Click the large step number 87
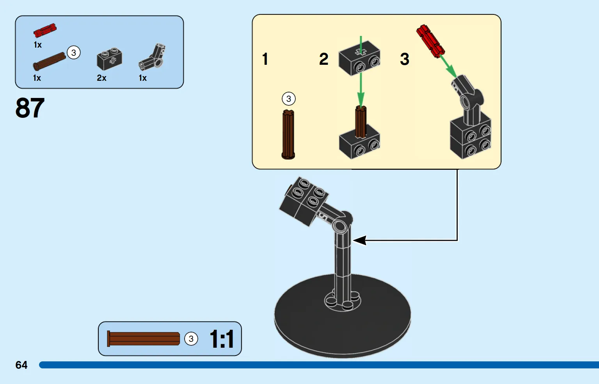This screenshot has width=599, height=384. (x=30, y=108)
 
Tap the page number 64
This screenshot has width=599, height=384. (x=21, y=365)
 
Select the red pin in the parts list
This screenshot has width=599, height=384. (x=45, y=30)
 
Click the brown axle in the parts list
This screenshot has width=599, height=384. (x=50, y=61)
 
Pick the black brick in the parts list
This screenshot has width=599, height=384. (x=109, y=59)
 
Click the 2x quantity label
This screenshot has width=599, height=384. (x=101, y=78)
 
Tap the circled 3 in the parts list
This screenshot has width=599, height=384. (x=74, y=53)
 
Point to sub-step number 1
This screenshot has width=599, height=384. (x=265, y=59)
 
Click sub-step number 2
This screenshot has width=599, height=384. (x=323, y=59)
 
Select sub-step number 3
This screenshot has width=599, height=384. (x=405, y=59)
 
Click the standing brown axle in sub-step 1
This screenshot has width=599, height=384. (x=288, y=134)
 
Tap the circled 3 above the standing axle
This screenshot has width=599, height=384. (x=289, y=99)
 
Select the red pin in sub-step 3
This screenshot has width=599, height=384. (x=430, y=41)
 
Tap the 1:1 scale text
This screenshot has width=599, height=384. (x=222, y=339)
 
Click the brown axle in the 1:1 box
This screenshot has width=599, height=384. (x=143, y=339)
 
